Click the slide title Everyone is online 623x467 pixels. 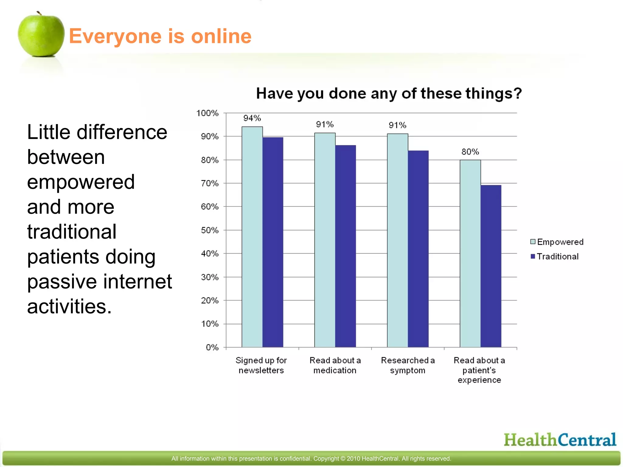(x=160, y=36)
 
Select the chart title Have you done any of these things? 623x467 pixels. (x=389, y=93)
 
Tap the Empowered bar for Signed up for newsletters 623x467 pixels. (x=252, y=237)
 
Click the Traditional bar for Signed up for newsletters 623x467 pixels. (x=273, y=243)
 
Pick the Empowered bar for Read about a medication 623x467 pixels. (x=325, y=240)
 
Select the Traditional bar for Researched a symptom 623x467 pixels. (x=418, y=249)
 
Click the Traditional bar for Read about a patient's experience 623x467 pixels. (x=491, y=266)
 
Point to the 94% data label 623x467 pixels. (x=252, y=118)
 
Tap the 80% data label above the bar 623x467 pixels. (x=470, y=152)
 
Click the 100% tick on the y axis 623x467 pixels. (x=207, y=113)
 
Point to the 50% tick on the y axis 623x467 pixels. (x=210, y=230)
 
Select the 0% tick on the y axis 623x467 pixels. (x=212, y=347)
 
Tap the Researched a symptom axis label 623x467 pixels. (x=408, y=365)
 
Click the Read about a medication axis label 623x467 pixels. (x=335, y=365)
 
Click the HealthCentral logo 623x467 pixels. (x=560, y=440)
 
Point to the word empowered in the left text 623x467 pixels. (x=81, y=182)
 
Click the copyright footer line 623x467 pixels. (x=311, y=458)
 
